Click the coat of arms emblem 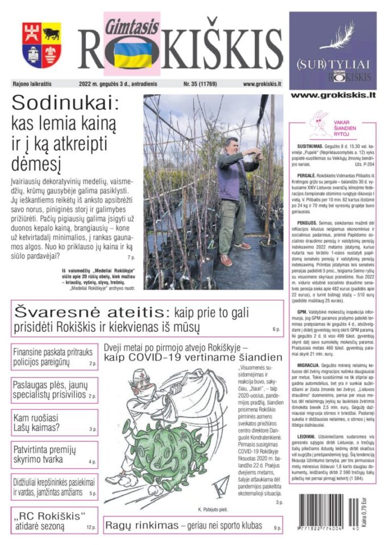41,45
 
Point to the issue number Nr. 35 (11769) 202,84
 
